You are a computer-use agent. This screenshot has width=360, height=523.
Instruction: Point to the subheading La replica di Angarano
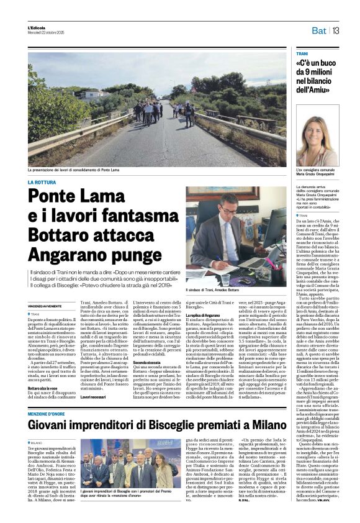207,316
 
